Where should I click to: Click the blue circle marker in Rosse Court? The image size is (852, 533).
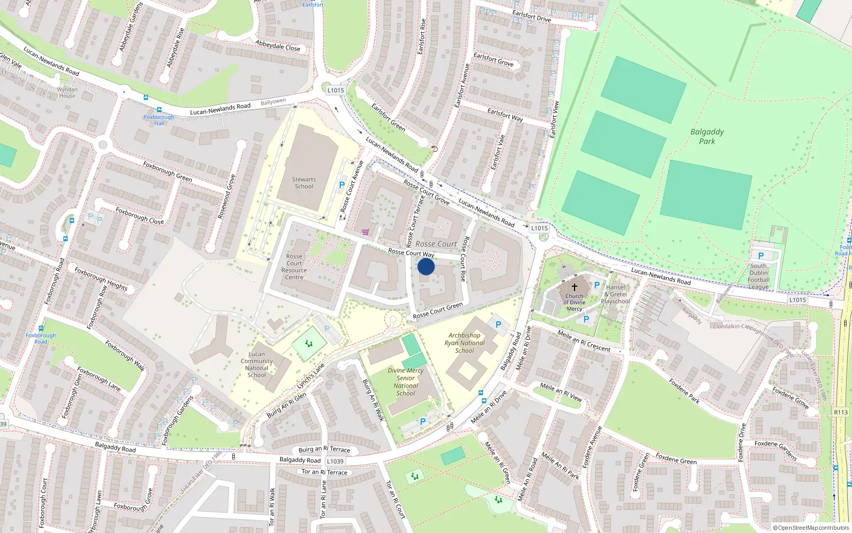pos(426,266)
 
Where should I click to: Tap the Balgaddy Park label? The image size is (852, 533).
pos(707,136)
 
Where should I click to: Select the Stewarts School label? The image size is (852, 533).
pos(304,183)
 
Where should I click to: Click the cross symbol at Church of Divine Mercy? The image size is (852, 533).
pos(575,287)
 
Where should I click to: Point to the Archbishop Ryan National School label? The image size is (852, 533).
pos(464,343)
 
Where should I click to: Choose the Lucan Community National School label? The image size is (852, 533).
pos(257,365)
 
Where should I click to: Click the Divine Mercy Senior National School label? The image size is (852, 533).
pos(406,382)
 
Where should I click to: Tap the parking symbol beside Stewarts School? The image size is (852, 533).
pos(342,185)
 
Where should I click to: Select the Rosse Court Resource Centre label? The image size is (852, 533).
pos(294,266)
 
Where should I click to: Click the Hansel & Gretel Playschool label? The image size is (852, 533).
pos(616,294)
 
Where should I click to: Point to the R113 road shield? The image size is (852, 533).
pos(841,412)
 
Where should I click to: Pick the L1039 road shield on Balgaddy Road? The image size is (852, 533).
pos(335,461)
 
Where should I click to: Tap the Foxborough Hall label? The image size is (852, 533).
pos(159,120)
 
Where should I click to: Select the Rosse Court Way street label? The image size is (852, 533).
pos(411,253)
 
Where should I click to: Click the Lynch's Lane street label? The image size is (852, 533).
pos(310,376)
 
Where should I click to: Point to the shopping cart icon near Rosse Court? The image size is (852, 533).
pos(365,232)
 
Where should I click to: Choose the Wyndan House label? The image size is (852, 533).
pos(67,92)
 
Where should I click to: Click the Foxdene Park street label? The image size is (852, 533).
pos(684,391)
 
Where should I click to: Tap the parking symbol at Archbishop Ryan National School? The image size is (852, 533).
pos(498,324)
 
